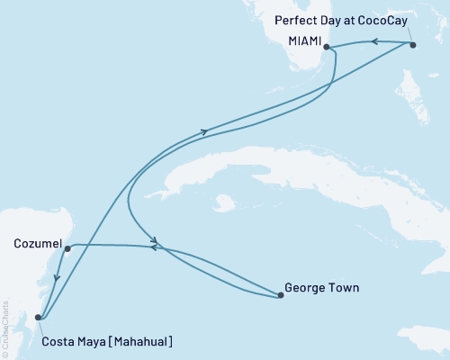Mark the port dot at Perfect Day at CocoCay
tap(412, 44)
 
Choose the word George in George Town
tap(303, 289)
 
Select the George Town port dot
tap(280, 294)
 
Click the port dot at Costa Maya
tap(38, 317)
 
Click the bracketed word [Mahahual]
tap(142, 341)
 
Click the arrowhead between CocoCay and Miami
tap(373, 41)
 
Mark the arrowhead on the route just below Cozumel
tap(56, 278)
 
